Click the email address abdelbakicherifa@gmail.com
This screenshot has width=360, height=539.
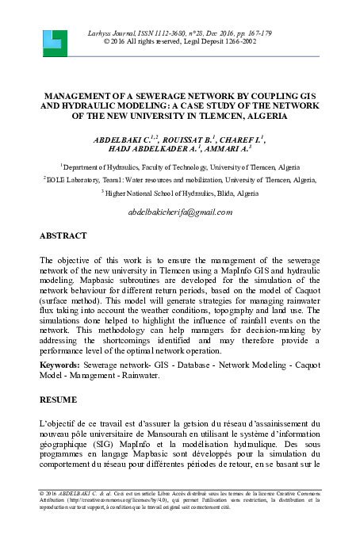(179, 212)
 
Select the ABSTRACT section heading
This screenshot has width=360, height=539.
(66, 236)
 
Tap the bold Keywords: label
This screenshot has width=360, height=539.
(64, 365)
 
